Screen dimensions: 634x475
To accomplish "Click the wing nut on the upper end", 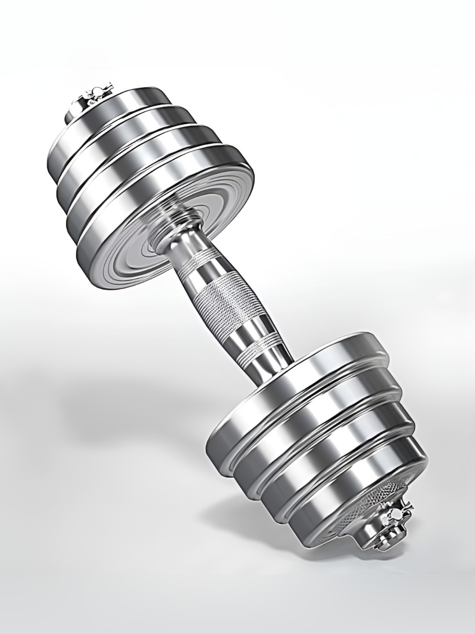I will click(94, 94).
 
